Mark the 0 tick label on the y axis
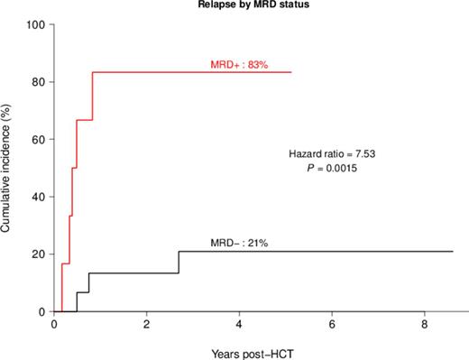point(41,312)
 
